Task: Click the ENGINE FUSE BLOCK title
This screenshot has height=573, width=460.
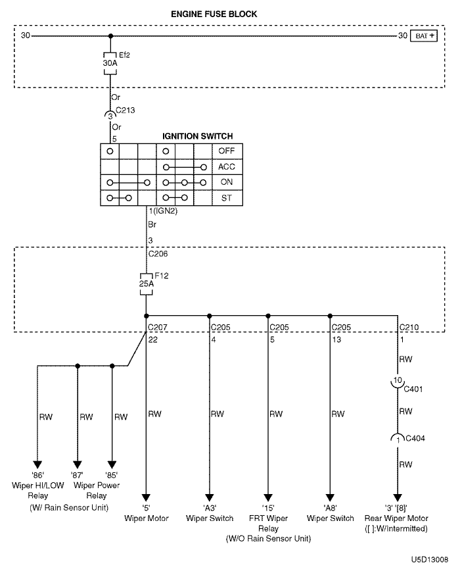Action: pos(214,14)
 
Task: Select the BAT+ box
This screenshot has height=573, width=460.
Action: pos(423,36)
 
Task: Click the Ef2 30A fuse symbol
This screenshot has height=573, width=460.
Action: pos(110,64)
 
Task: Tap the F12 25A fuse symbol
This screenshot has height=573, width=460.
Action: pos(146,284)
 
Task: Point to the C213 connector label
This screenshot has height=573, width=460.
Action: pos(126,111)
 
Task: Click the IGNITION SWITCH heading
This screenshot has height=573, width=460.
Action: pos(198,136)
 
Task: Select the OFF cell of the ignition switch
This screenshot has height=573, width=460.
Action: pos(227,151)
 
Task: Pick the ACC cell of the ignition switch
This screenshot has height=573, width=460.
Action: pos(227,167)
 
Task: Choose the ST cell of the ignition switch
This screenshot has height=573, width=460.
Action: pos(227,198)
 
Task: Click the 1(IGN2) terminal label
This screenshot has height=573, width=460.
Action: pos(163,211)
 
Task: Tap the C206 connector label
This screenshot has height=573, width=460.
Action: pos(158,254)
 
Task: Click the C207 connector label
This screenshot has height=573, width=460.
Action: pos(158,327)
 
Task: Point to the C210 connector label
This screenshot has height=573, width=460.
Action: pos(409,327)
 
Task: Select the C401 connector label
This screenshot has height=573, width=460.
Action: pos(413,389)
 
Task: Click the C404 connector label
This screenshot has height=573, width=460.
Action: pos(415,438)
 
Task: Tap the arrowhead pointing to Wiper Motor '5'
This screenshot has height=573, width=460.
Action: pos(146,498)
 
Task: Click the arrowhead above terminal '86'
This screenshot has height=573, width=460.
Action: pos(37,465)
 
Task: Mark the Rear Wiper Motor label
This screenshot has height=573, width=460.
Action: pos(396,518)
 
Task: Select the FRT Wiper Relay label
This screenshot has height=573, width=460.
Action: pos(268,523)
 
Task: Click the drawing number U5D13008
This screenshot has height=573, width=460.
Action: pos(430,559)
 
